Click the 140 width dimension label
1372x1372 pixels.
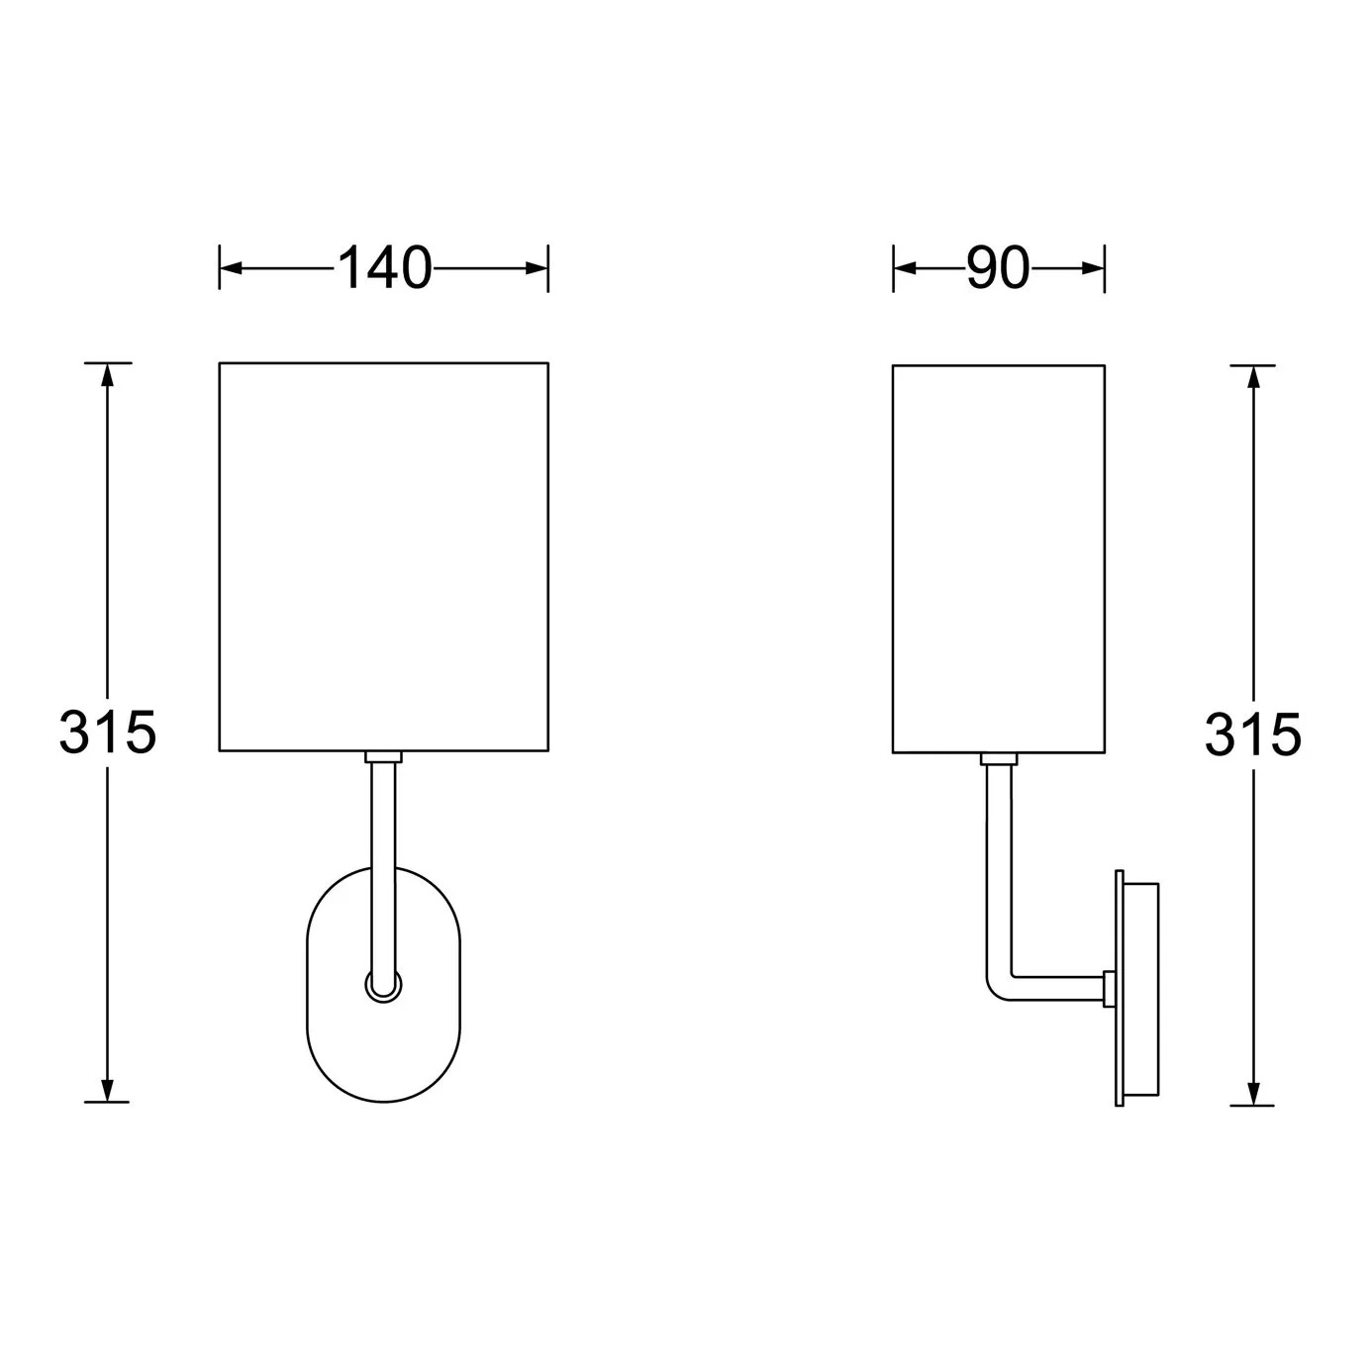click(x=384, y=268)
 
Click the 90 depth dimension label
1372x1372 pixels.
click(x=998, y=268)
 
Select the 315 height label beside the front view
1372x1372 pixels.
click(x=108, y=733)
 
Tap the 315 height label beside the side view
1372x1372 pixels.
click(x=1253, y=735)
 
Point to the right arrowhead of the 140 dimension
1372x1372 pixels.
click(x=537, y=268)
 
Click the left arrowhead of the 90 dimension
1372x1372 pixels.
click(x=905, y=268)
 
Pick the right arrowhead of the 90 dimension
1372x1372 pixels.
click(x=1093, y=268)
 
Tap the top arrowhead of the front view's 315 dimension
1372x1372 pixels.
click(x=108, y=375)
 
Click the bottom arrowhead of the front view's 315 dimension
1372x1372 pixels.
click(x=108, y=1090)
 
